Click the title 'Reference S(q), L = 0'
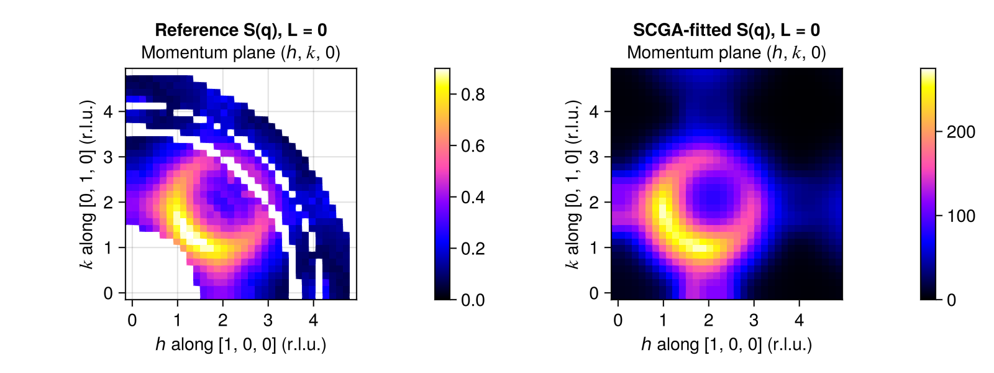coord(241,30)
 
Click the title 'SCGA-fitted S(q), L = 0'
coord(726,30)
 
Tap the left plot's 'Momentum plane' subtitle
coord(241,53)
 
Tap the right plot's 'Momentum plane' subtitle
coord(726,53)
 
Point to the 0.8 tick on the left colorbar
coord(473,94)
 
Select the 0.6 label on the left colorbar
coord(473,146)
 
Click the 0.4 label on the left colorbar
coord(473,197)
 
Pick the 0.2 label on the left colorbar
coord(473,249)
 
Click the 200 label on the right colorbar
coord(961,132)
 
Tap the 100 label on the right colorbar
coord(961,216)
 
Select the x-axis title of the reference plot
coord(241,344)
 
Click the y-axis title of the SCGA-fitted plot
coord(572,184)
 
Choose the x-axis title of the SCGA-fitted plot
coord(726,344)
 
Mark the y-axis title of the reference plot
coord(87,184)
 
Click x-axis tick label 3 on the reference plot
coord(268,320)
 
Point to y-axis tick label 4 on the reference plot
coord(108,111)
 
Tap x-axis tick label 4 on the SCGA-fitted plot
coord(799,320)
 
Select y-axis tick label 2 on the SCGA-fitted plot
coord(594,203)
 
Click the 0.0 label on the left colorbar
coord(473,300)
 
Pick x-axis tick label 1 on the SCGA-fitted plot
coord(663,320)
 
